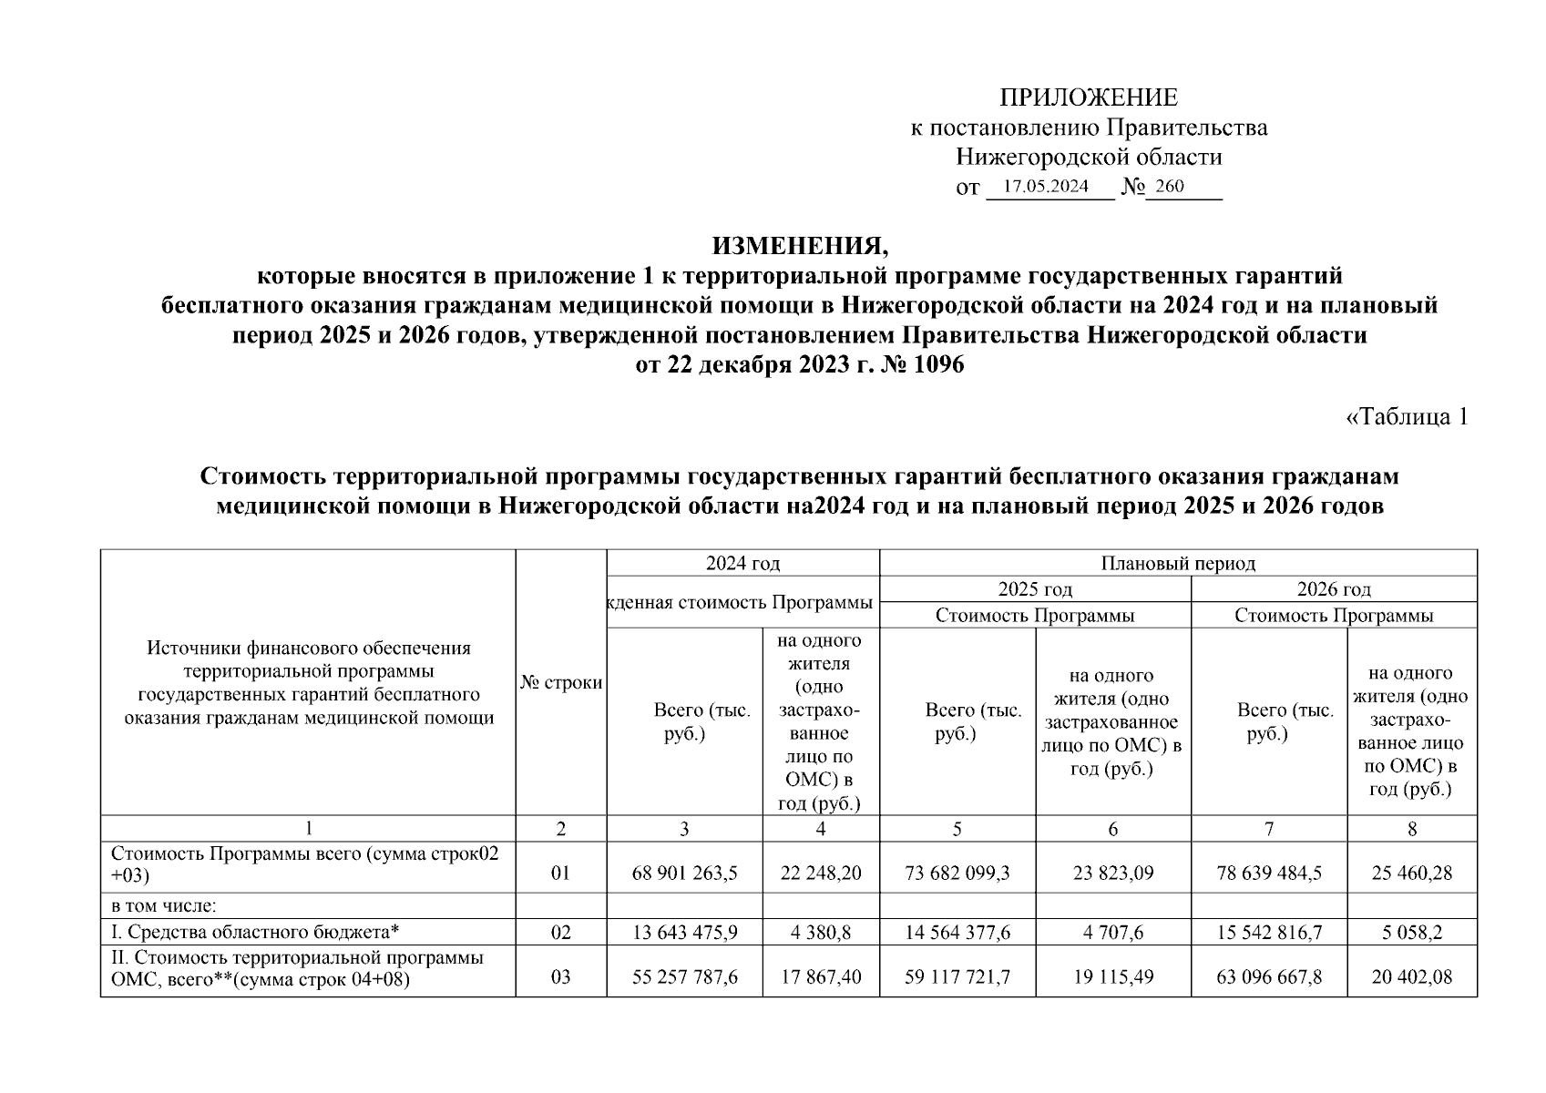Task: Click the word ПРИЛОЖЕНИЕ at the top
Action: (x=1088, y=97)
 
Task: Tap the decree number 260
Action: (x=1169, y=187)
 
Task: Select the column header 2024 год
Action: (x=742, y=564)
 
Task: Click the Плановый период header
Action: (x=1178, y=564)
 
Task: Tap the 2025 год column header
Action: (x=1035, y=589)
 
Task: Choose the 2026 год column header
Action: (x=1334, y=589)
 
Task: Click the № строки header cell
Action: (x=561, y=682)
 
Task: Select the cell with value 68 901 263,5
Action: (x=684, y=873)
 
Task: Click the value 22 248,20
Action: (x=821, y=873)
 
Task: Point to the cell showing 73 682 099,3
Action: (x=957, y=873)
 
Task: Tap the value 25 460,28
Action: (x=1411, y=873)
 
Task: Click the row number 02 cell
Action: (x=561, y=933)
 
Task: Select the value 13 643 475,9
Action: (x=684, y=933)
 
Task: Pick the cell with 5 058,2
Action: (x=1411, y=933)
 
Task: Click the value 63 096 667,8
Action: (x=1269, y=977)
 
